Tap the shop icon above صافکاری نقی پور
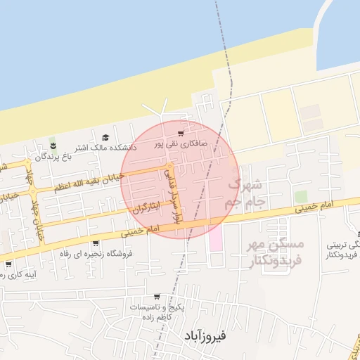(181, 134)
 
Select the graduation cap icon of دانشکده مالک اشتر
(105, 137)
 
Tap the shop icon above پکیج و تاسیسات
(156, 297)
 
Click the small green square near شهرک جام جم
(301, 196)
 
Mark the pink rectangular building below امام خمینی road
(215, 237)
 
